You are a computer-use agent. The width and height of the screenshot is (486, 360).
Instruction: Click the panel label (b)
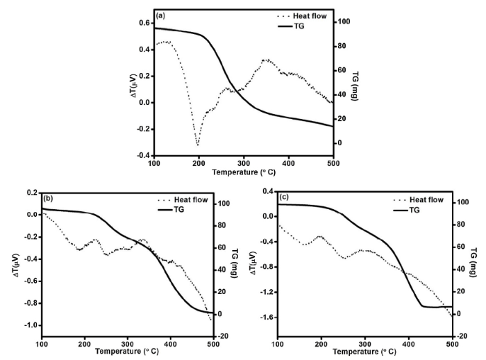tap(49, 199)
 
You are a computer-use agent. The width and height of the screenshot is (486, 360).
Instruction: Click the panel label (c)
tap(285, 197)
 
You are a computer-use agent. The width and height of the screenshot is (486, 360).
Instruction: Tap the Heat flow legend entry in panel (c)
tap(426, 199)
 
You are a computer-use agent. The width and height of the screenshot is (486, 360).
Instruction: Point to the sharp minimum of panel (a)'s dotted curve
tap(198, 145)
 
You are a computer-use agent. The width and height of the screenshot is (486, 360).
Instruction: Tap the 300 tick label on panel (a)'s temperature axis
tap(243, 163)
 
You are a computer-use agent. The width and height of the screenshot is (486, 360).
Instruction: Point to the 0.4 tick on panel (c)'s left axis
tap(266, 191)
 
